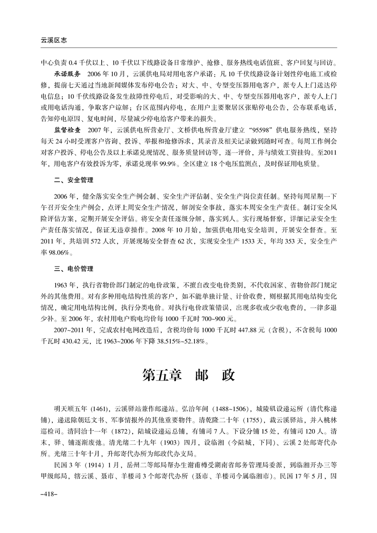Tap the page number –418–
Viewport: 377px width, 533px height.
click(49, 507)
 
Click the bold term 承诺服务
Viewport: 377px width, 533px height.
click(68, 75)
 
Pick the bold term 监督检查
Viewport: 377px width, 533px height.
click(68, 129)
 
